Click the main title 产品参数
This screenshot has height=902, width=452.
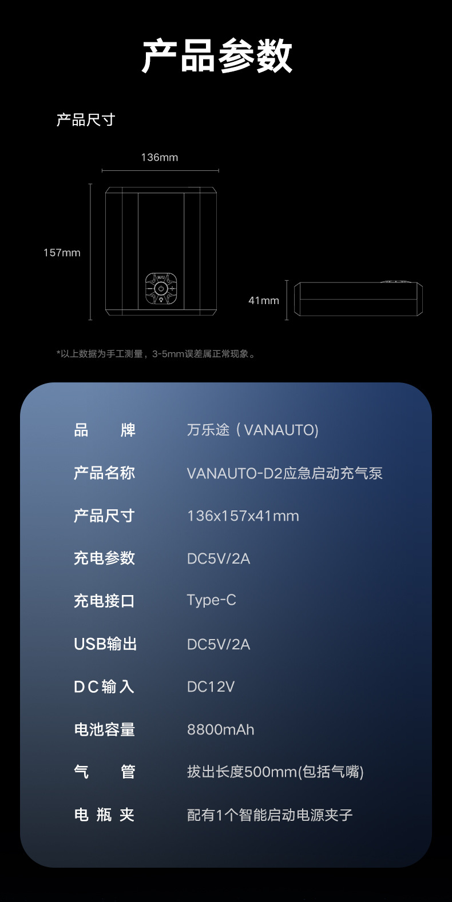pos(217,57)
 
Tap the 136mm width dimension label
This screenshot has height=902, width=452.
pos(160,157)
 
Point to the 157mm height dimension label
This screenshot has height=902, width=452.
pos(62,253)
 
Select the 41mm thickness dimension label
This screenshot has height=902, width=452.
pos(264,300)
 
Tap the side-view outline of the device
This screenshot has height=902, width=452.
pos(358,298)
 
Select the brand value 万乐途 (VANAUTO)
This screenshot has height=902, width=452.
pos(252,430)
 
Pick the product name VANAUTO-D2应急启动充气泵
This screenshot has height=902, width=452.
pos(284,473)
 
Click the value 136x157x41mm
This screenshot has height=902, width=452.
pos(243,516)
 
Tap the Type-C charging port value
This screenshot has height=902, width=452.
pos(211,600)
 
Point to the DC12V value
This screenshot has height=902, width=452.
pos(211,687)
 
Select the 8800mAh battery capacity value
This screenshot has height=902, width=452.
pos(220,729)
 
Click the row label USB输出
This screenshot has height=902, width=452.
pos(105,644)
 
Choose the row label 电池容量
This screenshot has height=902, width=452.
pos(104,729)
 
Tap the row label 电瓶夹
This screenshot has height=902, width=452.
pos(104,815)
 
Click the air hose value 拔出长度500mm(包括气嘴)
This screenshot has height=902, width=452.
pos(275,772)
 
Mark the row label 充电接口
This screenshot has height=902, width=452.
pos(104,601)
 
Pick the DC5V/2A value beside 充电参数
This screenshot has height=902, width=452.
pos(219,558)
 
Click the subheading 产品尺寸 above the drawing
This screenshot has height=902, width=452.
pos(86,120)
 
